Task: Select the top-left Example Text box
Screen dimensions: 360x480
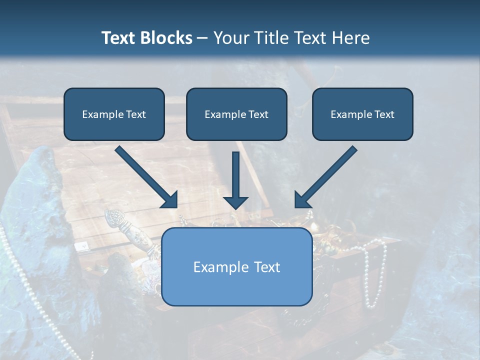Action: coord(114,114)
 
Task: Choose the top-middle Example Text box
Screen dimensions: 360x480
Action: coord(236,114)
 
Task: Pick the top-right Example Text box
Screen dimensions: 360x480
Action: coord(362,114)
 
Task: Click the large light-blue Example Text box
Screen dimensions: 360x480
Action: coord(236,266)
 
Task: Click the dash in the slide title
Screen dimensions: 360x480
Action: coord(202,38)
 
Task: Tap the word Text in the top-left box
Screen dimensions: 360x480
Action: coord(135,114)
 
